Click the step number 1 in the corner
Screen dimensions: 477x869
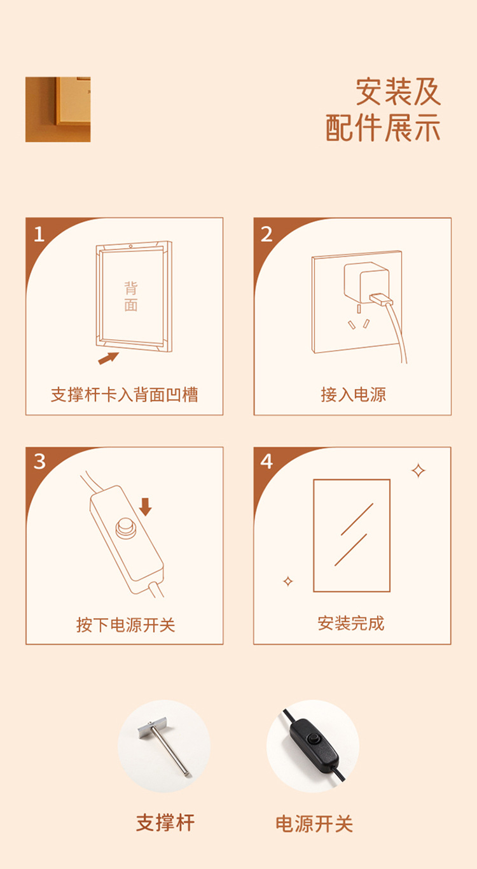click(39, 234)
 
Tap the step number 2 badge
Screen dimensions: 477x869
click(266, 234)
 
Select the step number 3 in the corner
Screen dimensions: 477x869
click(39, 462)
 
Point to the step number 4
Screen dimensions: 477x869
click(266, 462)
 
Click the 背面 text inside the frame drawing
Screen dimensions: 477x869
click(131, 297)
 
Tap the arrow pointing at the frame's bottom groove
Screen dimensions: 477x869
click(108, 358)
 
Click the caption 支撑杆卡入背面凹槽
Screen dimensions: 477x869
click(125, 395)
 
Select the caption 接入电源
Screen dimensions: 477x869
click(353, 395)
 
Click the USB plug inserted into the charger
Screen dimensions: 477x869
click(382, 299)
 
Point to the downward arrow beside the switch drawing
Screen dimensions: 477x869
click(145, 507)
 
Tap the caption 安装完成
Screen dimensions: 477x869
click(351, 623)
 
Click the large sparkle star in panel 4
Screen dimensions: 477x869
click(418, 470)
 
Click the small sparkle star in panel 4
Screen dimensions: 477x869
click(288, 581)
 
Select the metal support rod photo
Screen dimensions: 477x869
click(164, 746)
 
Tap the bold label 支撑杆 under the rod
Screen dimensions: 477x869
click(165, 823)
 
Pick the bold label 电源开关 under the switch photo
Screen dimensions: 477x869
click(314, 824)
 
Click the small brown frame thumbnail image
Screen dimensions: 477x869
click(58, 110)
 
